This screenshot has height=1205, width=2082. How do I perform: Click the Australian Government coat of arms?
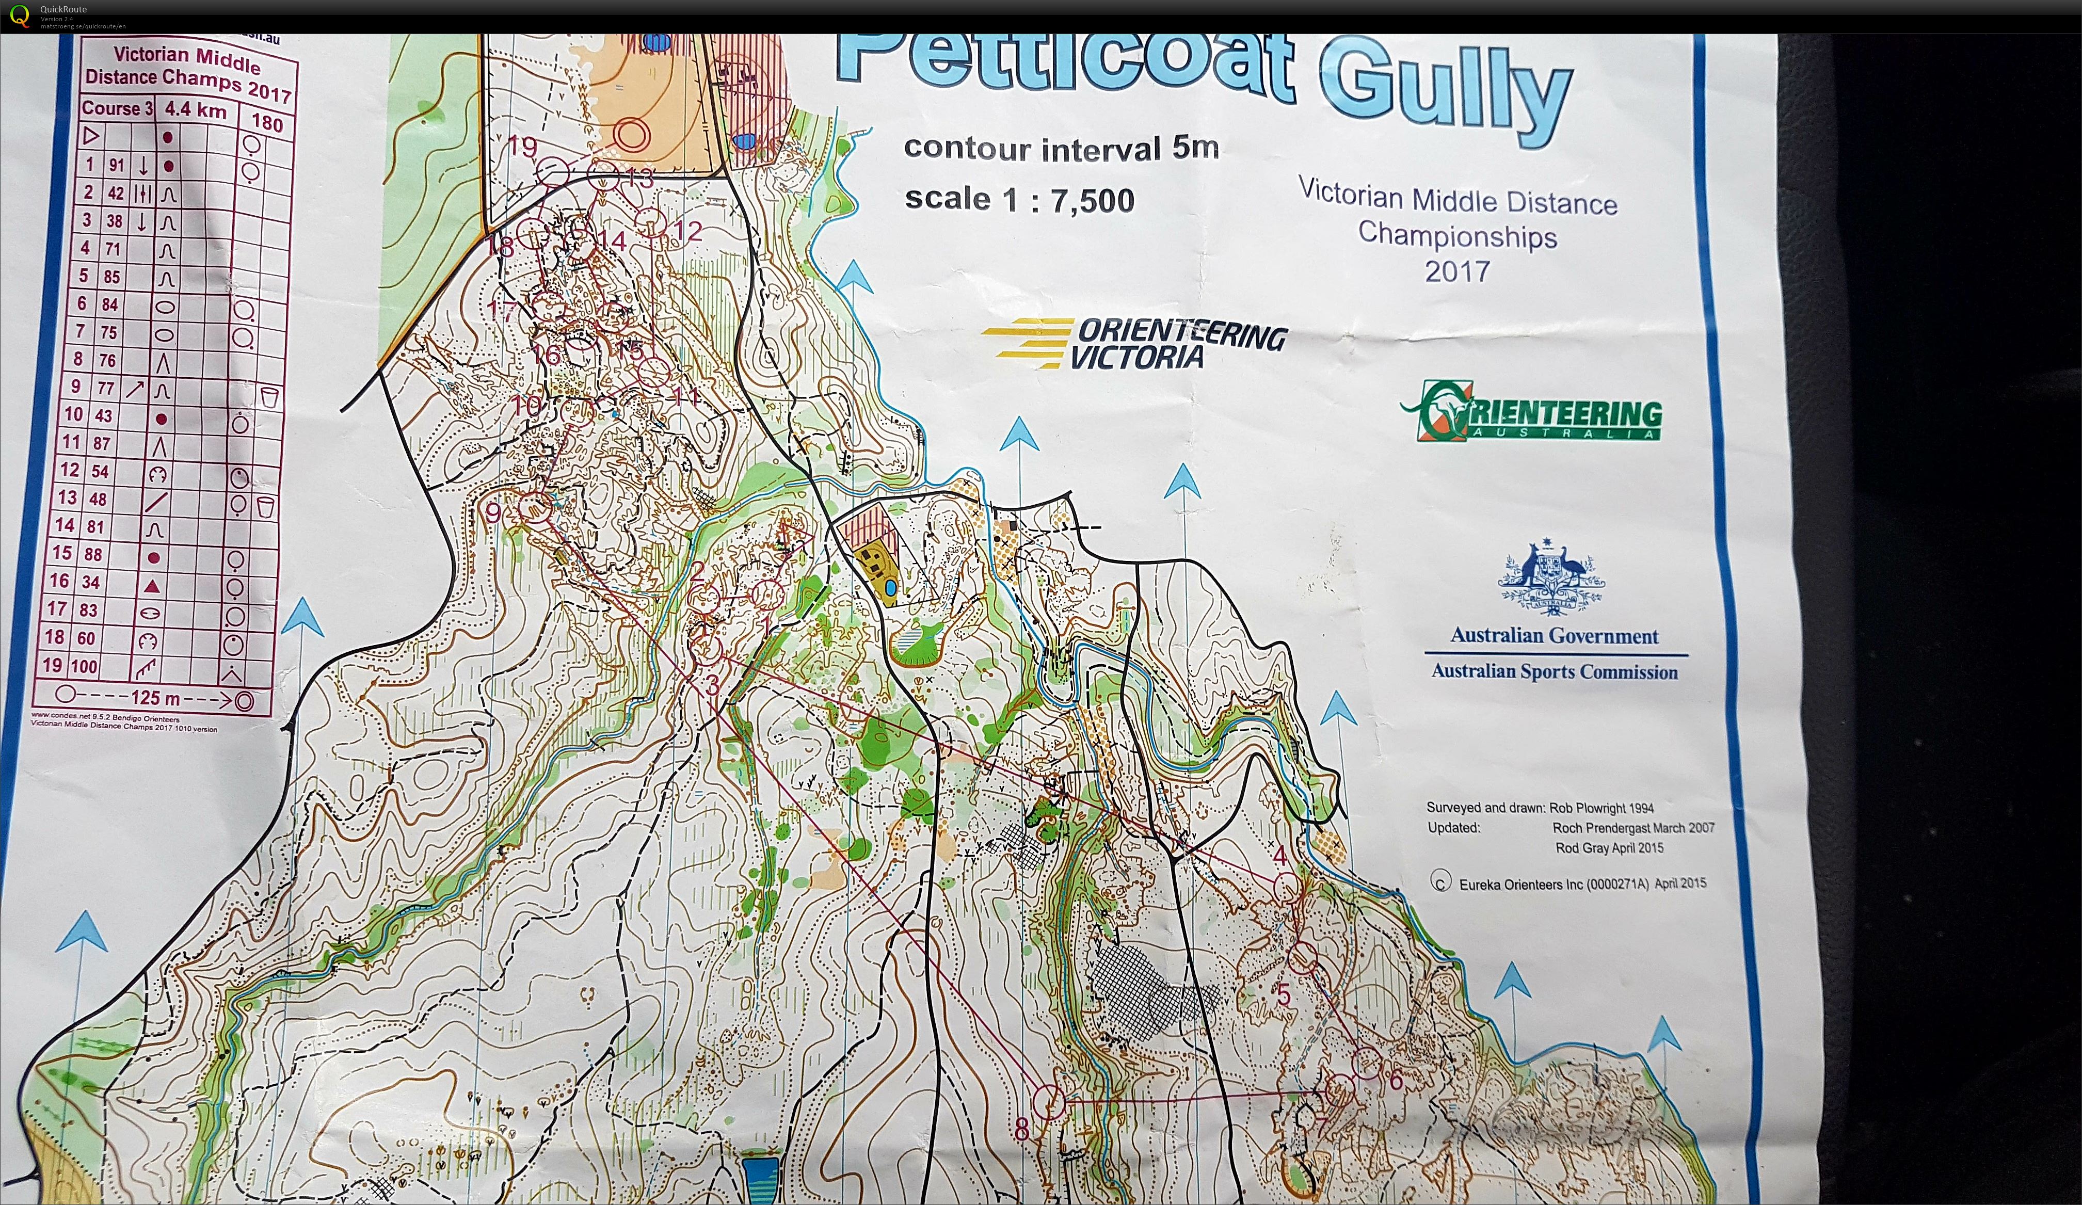[1551, 577]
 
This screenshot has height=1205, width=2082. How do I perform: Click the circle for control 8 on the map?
[1049, 1101]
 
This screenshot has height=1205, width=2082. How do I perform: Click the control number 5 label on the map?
[1283, 994]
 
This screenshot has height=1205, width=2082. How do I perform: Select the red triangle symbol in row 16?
[151, 586]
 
